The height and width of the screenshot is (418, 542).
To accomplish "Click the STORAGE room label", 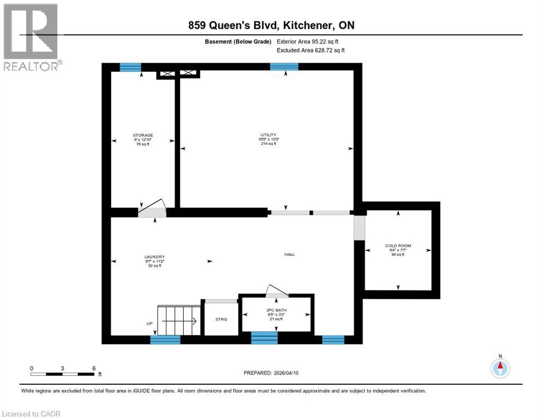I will [x=143, y=135].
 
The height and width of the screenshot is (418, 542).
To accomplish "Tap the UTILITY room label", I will [x=268, y=135].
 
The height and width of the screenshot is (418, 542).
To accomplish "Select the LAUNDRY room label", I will [x=155, y=257].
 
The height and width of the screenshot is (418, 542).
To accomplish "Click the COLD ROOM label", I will [x=398, y=246].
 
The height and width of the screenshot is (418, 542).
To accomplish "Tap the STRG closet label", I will [x=221, y=319].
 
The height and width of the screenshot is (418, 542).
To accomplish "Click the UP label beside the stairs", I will [x=149, y=323].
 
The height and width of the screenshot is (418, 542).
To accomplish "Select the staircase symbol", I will [x=176, y=321].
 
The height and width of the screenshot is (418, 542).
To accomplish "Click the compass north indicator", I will [x=499, y=368].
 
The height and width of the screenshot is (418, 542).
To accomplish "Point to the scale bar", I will [x=62, y=374].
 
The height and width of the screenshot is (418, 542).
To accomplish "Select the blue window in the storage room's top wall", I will [x=130, y=67].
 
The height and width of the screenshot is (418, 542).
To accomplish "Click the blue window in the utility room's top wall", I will [x=284, y=67].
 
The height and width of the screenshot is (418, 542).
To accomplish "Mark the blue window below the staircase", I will [x=165, y=340].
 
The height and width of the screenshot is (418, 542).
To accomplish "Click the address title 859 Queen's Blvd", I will [x=271, y=26].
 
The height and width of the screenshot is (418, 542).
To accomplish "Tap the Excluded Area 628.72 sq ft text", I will [x=311, y=50].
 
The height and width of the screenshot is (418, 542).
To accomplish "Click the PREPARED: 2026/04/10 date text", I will [x=270, y=373].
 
